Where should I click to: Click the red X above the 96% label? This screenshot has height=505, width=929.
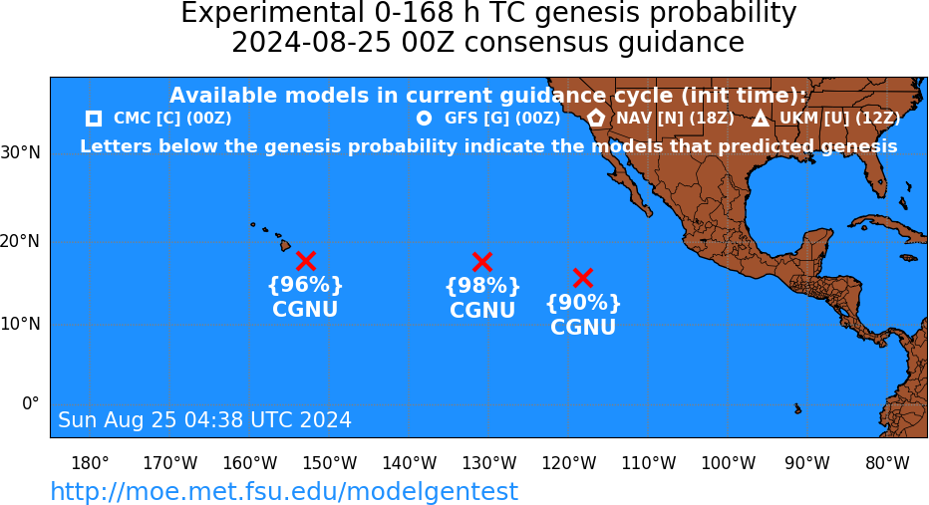(x=306, y=261)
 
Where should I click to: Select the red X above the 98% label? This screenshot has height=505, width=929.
(x=482, y=261)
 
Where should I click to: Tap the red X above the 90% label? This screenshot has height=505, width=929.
(x=583, y=277)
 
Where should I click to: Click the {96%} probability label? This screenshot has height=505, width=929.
(x=305, y=285)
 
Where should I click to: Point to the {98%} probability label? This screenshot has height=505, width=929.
(x=482, y=286)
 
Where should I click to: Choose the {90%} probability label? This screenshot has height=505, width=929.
(x=583, y=303)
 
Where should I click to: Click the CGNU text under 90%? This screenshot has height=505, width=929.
(x=583, y=327)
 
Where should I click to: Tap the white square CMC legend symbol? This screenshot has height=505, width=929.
(x=94, y=119)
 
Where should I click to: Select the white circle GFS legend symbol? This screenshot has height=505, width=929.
(x=425, y=119)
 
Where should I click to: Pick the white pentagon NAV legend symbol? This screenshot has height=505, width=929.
(x=596, y=119)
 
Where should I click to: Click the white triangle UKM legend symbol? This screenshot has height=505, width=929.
(x=761, y=119)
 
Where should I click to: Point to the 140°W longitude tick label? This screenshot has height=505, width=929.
(x=410, y=463)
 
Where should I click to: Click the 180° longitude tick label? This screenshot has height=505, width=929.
(x=90, y=463)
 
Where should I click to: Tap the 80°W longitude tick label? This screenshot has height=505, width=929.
(x=887, y=463)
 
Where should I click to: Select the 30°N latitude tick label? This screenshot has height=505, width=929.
(x=21, y=152)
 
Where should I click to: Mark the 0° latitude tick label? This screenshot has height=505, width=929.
(x=30, y=403)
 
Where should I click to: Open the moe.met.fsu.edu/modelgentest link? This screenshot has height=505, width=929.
(x=284, y=491)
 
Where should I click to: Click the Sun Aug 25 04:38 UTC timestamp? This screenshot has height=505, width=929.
(x=204, y=419)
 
